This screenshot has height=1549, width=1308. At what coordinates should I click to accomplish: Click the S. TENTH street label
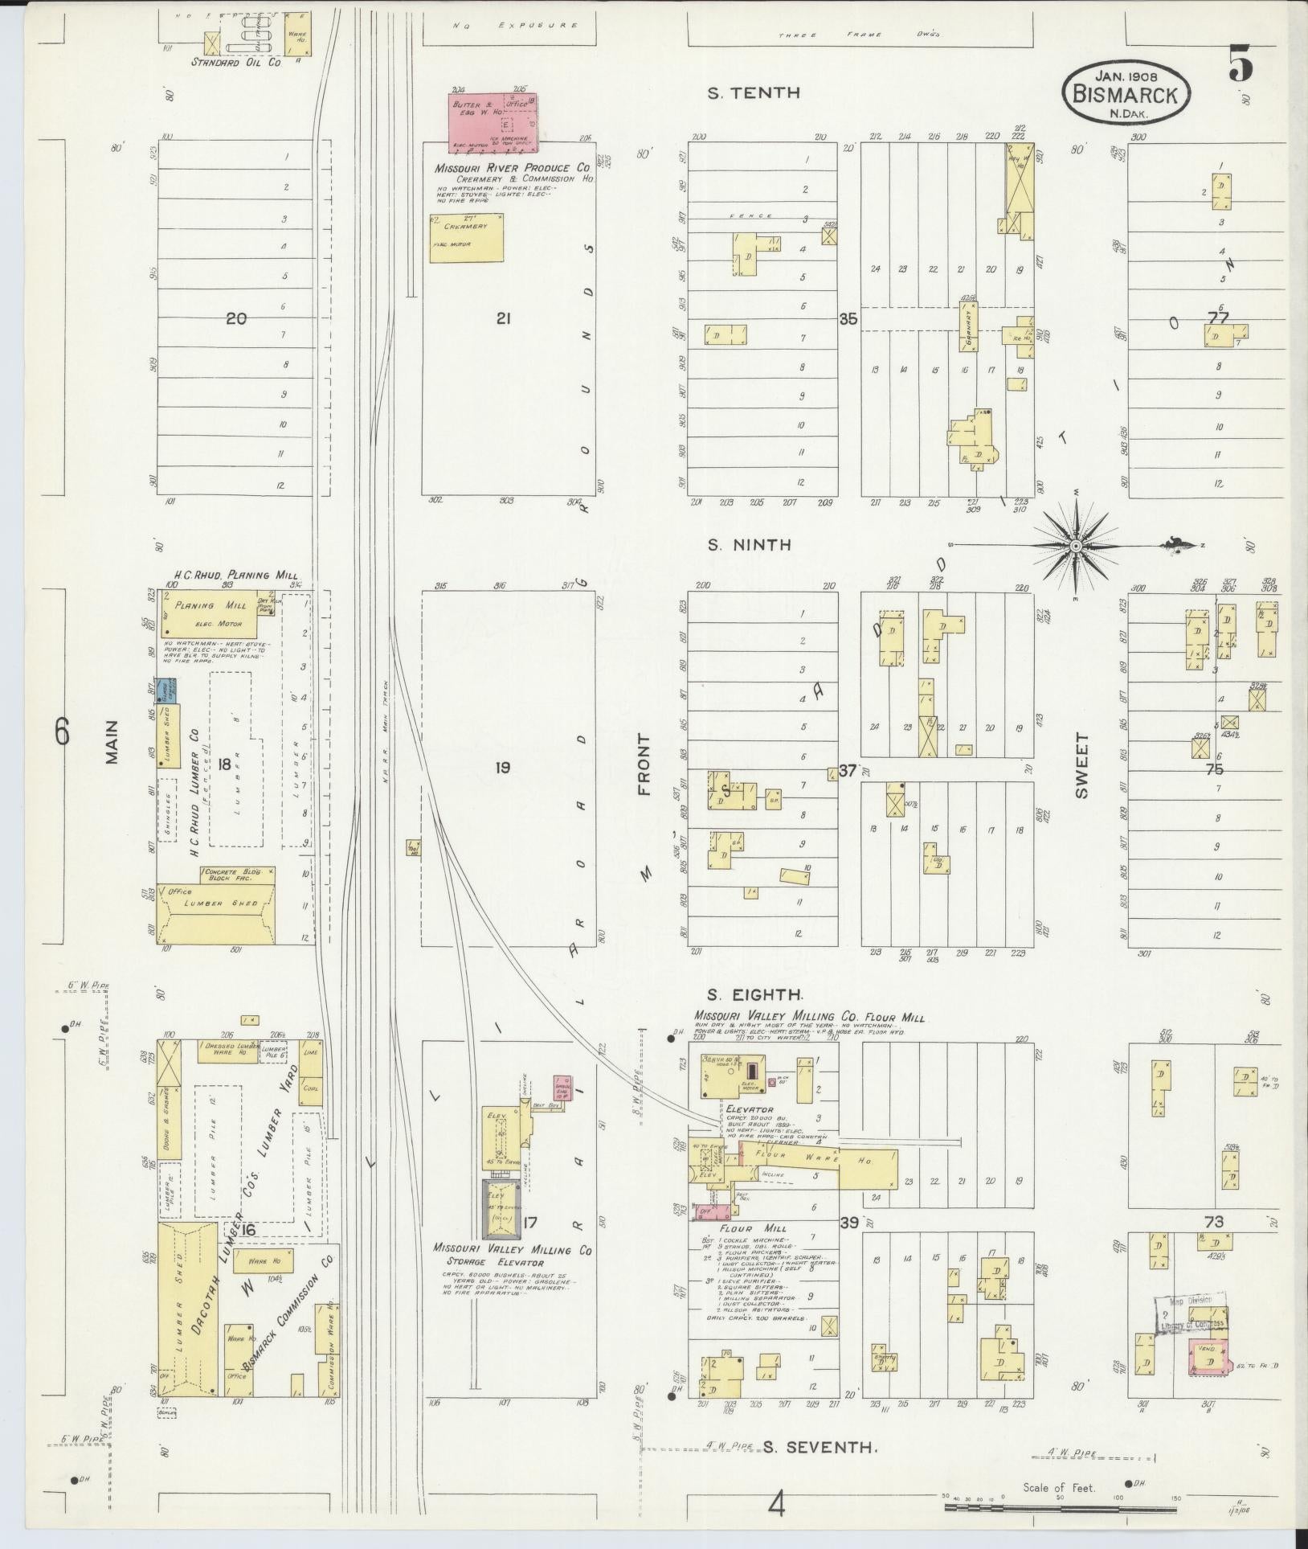[753, 93]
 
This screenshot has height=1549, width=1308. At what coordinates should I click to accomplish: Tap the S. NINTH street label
[749, 545]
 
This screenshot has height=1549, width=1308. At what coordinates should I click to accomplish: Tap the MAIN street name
[111, 741]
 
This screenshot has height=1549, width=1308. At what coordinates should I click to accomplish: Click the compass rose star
[1075, 546]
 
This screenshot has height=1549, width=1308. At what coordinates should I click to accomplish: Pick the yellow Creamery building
[467, 237]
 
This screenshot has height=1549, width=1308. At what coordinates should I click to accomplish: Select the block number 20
[235, 319]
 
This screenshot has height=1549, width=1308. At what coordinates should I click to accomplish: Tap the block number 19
[502, 768]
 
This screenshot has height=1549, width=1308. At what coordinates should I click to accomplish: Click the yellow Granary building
[968, 326]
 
